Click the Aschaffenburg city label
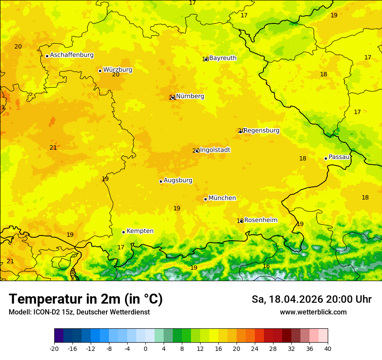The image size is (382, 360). tap(72, 55)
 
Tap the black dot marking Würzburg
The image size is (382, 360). tap(100, 71)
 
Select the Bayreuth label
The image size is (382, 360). tap(223, 58)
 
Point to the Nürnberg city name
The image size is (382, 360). tap(190, 96)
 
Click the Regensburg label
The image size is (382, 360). tap(261, 131)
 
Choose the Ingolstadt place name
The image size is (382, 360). tap(215, 150)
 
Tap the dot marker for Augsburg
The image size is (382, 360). tap(161, 181)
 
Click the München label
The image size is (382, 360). tap(222, 198)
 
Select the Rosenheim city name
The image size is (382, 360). tap(260, 220)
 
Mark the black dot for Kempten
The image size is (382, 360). tap(123, 232)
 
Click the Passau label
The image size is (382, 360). tap(339, 157)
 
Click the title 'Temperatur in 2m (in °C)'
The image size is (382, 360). tap(86, 299)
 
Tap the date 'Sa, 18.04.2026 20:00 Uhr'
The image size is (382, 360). tap(311, 299)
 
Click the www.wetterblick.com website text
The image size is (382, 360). tap(313, 312)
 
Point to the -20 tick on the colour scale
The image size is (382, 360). tap(54, 348)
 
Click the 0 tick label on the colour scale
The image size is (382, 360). tap(145, 348)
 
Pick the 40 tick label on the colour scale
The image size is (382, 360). tap(327, 348)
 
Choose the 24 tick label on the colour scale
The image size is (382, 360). tap(255, 348)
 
